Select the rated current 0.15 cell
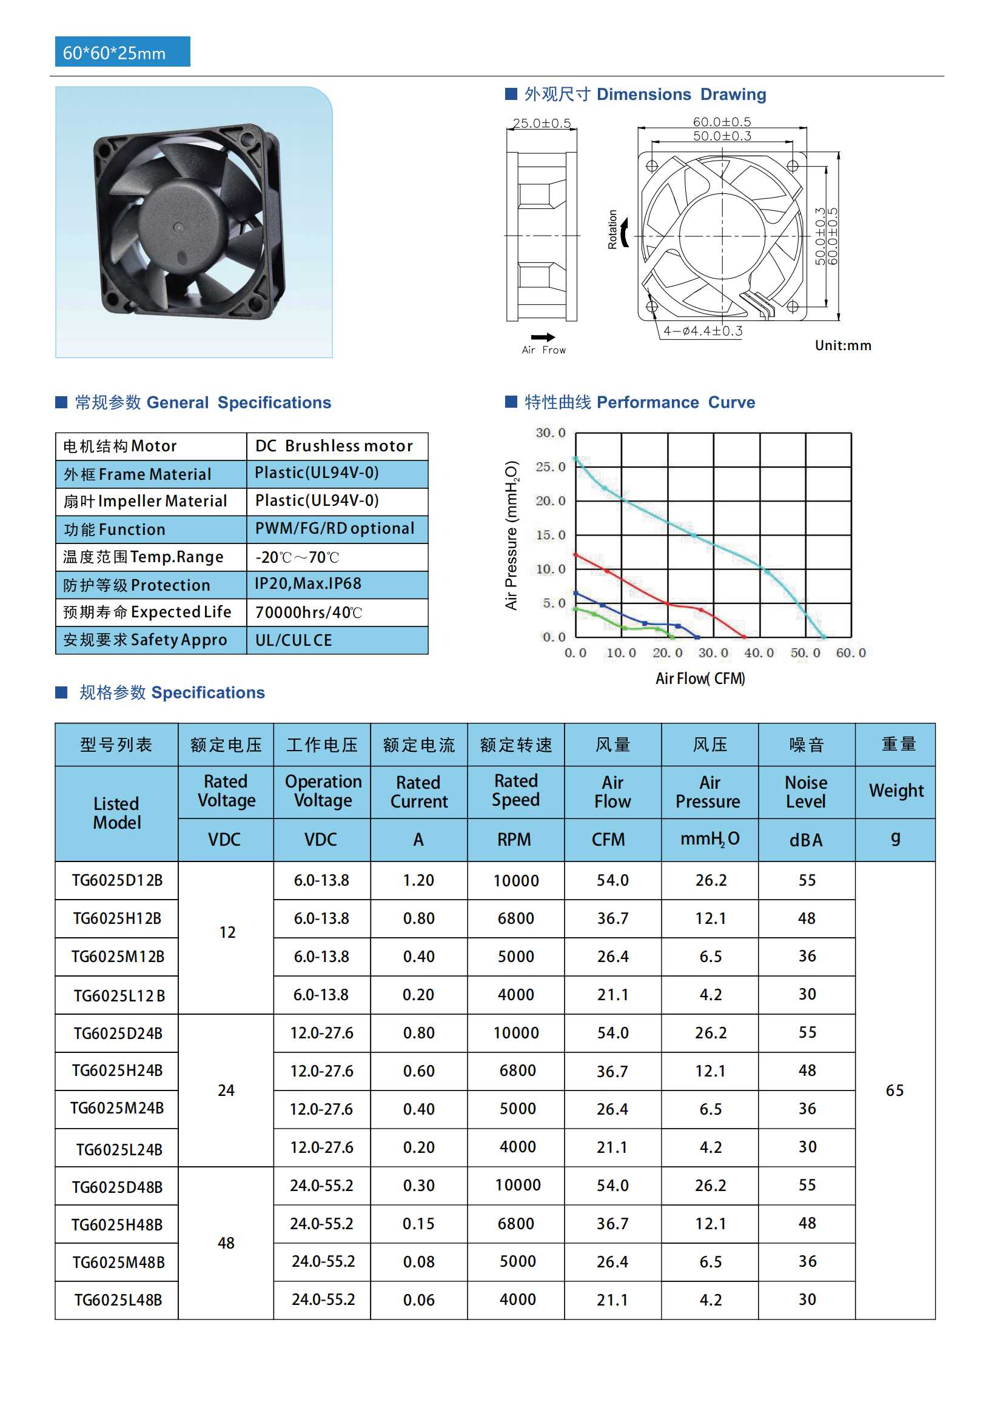(x=418, y=1223)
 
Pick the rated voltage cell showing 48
(x=226, y=1243)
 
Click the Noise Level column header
(x=806, y=791)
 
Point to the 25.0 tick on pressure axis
(x=550, y=466)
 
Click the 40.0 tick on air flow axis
(x=759, y=652)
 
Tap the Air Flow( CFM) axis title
(x=700, y=679)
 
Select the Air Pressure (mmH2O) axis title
(x=511, y=534)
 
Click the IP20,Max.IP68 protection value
(x=308, y=583)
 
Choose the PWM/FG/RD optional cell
(x=334, y=528)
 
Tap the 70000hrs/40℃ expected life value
(x=308, y=612)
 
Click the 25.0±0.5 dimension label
(x=542, y=123)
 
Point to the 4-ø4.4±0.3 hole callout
(x=702, y=331)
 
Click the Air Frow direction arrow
(x=543, y=337)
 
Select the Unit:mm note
(x=842, y=345)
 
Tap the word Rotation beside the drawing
(x=612, y=229)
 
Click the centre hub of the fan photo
(x=178, y=227)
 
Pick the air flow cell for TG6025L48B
(x=612, y=1299)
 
